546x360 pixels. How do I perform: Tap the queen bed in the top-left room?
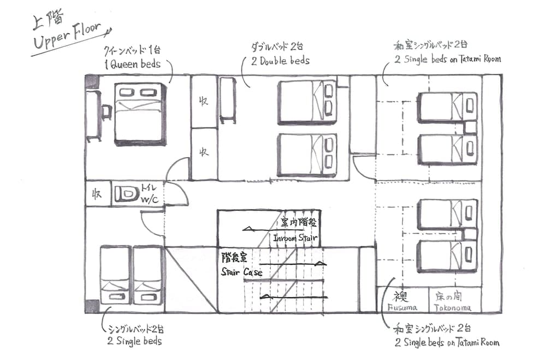tap(140, 113)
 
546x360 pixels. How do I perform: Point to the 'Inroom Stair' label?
tap(295, 238)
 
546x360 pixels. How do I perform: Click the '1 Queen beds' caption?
tap(132, 64)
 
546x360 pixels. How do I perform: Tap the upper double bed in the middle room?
tap(306, 102)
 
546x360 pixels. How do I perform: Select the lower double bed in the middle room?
tap(306, 155)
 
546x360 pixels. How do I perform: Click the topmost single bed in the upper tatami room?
tap(447, 107)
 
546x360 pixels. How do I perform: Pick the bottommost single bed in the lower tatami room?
tap(447, 256)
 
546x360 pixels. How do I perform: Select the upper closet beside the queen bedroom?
tap(203, 102)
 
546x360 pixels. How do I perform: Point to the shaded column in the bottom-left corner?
tap(92, 306)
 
